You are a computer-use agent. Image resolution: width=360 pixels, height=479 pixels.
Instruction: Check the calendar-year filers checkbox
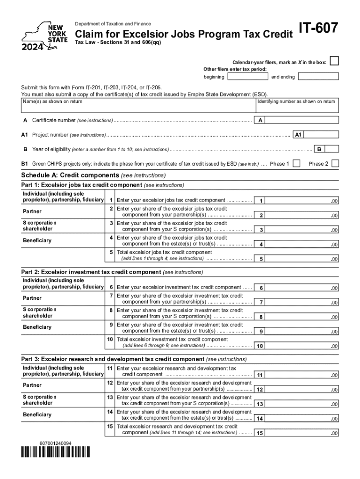point(334,61)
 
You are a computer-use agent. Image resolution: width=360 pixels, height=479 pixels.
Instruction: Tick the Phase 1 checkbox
point(296,163)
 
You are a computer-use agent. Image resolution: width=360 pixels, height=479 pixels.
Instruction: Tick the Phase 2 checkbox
point(335,163)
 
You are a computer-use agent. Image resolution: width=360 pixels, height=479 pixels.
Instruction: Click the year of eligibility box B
point(332,149)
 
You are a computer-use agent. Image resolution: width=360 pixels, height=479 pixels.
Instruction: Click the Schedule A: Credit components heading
point(94,175)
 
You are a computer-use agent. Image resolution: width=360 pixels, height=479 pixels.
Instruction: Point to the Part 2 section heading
point(112,272)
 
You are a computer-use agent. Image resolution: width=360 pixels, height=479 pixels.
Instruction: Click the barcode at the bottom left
point(56,452)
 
